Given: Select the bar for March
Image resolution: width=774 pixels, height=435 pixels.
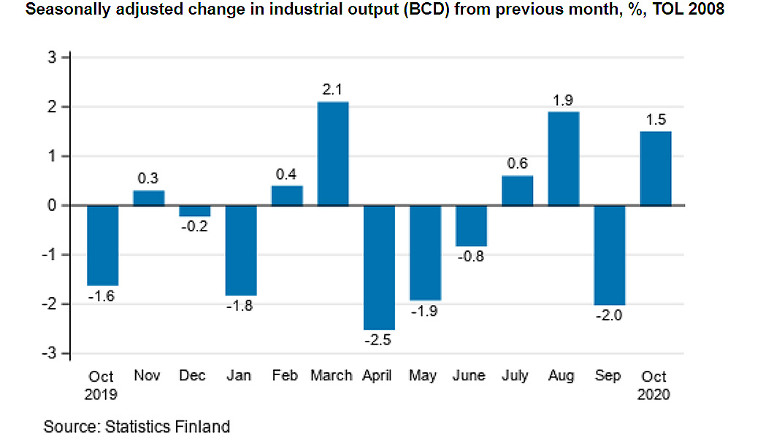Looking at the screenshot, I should click(333, 153).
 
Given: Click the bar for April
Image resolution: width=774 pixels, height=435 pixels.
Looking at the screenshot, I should click(379, 267).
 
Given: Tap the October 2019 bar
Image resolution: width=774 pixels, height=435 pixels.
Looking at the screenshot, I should click(102, 245).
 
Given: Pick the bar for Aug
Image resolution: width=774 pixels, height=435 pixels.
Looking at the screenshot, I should click(563, 158).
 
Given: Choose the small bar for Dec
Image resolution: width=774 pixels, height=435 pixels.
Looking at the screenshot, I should click(195, 211).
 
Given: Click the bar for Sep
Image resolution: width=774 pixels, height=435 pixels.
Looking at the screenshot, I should click(609, 255).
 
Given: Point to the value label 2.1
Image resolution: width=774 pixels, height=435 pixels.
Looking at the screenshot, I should click(333, 90).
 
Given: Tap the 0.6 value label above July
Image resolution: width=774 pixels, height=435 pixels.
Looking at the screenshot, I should click(516, 163).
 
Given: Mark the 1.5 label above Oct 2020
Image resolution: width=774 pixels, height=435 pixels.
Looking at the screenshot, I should click(655, 120).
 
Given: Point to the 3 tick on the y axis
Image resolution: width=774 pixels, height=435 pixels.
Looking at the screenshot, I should click(53, 57).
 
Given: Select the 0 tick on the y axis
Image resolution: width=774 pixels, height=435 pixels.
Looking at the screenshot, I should click(53, 205).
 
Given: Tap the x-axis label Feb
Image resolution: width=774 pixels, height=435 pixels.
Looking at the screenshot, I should click(286, 376).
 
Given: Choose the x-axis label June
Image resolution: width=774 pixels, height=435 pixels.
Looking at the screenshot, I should click(469, 376).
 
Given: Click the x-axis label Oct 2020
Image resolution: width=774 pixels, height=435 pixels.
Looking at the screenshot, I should click(654, 385).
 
